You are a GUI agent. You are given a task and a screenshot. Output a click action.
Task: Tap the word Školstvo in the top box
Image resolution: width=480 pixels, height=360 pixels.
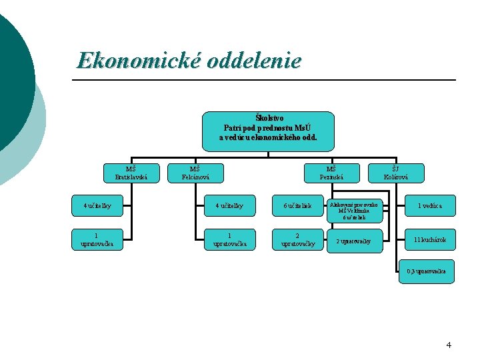[x=269, y=118]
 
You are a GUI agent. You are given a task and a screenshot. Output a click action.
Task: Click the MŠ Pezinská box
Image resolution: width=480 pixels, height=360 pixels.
[x=331, y=173]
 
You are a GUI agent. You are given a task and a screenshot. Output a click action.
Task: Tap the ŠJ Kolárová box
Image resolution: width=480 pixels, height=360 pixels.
[x=395, y=173]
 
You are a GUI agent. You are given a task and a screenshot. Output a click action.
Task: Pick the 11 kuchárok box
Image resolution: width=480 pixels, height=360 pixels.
[x=430, y=240]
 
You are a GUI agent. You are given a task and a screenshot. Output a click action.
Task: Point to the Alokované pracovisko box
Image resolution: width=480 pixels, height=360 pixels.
[x=353, y=210]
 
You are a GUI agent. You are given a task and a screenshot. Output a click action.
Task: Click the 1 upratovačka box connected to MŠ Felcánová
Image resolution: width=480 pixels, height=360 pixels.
[x=230, y=240]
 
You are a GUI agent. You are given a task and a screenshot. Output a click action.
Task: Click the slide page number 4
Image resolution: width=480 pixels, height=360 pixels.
[x=449, y=345]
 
